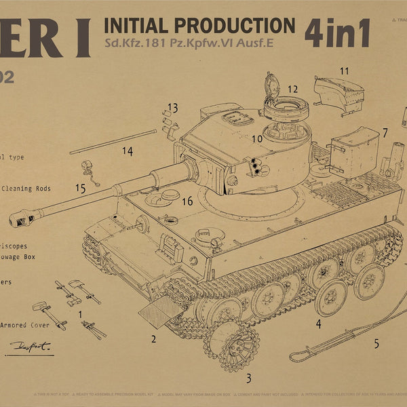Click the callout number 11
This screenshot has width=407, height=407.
point(344,71)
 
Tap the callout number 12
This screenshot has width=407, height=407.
point(292,89)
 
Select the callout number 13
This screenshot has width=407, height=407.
point(172,108)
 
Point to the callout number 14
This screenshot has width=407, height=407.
point(126,150)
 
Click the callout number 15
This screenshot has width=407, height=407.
point(80,188)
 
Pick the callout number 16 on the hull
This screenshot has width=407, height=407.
point(187,201)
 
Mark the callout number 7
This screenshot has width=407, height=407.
point(385,132)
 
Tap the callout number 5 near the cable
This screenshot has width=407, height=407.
point(376,343)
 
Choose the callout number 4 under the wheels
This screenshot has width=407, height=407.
point(318,324)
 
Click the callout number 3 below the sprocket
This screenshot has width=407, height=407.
point(248,379)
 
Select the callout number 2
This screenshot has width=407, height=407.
point(154,339)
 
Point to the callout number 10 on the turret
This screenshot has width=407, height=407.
point(257,139)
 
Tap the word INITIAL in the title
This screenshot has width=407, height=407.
point(135,26)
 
